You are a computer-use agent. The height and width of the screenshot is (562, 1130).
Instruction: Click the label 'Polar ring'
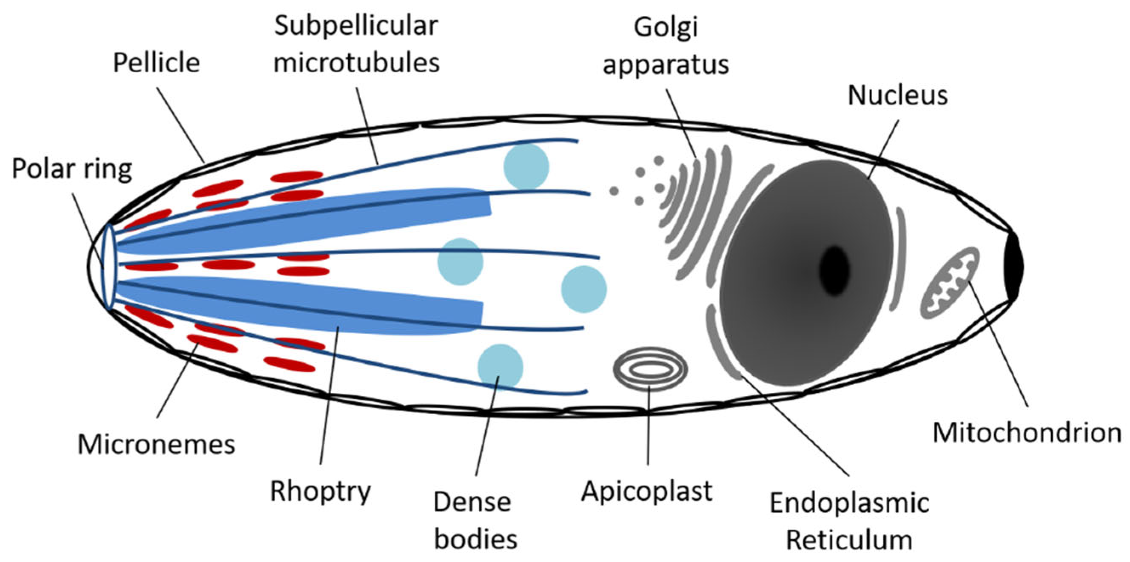point(72,169)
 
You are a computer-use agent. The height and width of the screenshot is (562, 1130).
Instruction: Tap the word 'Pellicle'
point(157,63)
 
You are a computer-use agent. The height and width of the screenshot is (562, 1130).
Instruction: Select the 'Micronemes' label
point(157,445)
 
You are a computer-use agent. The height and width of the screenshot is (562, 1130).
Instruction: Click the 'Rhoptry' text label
point(321,491)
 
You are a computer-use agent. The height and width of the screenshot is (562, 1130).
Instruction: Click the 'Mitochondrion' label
point(1027,433)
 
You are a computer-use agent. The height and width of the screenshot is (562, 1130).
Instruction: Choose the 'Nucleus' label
point(897,95)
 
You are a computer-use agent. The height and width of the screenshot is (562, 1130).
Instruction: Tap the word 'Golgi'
point(666,27)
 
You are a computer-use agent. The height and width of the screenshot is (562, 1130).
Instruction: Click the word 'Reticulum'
point(849,540)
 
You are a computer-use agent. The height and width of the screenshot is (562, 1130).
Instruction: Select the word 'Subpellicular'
point(356,26)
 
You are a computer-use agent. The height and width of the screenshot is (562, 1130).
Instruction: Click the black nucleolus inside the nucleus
point(835,271)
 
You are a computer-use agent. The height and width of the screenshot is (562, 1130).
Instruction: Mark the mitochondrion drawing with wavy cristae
point(949,283)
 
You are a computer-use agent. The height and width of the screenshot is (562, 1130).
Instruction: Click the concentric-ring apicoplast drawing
point(650,369)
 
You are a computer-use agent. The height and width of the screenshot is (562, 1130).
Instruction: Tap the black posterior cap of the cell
point(1014,267)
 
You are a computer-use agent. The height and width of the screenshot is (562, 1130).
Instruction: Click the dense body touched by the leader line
point(500,366)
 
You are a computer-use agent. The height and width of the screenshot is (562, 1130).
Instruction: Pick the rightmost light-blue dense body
point(584,289)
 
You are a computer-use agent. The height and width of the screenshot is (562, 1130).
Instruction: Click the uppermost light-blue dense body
point(526,167)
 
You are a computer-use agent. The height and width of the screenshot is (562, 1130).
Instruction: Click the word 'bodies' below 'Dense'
point(475,539)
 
